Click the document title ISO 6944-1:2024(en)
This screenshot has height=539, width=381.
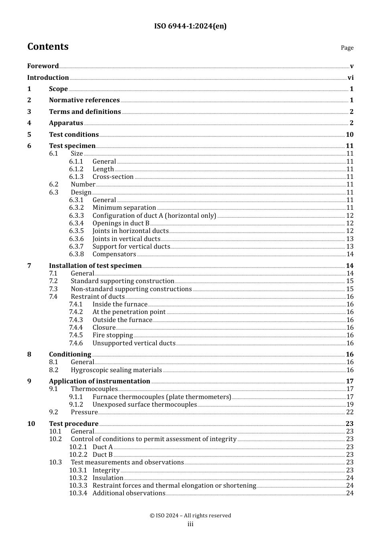pyautogui.click(x=190, y=26)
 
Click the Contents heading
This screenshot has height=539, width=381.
pyautogui.click(x=48, y=47)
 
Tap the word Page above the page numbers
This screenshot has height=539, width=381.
pyautogui.click(x=347, y=48)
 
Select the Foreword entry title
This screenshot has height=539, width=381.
pyautogui.click(x=43, y=66)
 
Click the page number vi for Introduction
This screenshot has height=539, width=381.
pyautogui.click(x=351, y=78)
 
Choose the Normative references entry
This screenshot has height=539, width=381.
pyautogui.click(x=84, y=100)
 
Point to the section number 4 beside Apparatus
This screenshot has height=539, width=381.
pyautogui.click(x=29, y=123)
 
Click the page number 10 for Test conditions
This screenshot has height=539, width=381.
pyautogui.click(x=349, y=135)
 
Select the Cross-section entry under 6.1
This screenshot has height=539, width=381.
pyautogui.click(x=113, y=177)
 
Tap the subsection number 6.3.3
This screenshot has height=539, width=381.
pyautogui.click(x=76, y=216)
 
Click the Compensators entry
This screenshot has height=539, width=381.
pyautogui.click(x=114, y=254)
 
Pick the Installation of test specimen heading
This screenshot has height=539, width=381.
pyautogui.click(x=95, y=266)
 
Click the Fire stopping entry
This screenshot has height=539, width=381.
pyautogui.click(x=112, y=335)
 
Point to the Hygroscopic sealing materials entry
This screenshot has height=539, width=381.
pyautogui.click(x=116, y=370)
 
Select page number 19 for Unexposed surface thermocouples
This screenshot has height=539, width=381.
pyautogui.click(x=350, y=405)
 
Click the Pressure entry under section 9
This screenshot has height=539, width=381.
pyautogui.click(x=84, y=412)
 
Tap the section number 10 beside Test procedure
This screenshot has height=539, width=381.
pyautogui.click(x=31, y=424)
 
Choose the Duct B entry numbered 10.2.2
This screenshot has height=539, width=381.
pyautogui.click(x=103, y=455)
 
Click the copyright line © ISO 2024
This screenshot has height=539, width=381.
pyautogui.click(x=190, y=516)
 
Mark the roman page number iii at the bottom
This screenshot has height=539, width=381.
pyautogui.click(x=190, y=525)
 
